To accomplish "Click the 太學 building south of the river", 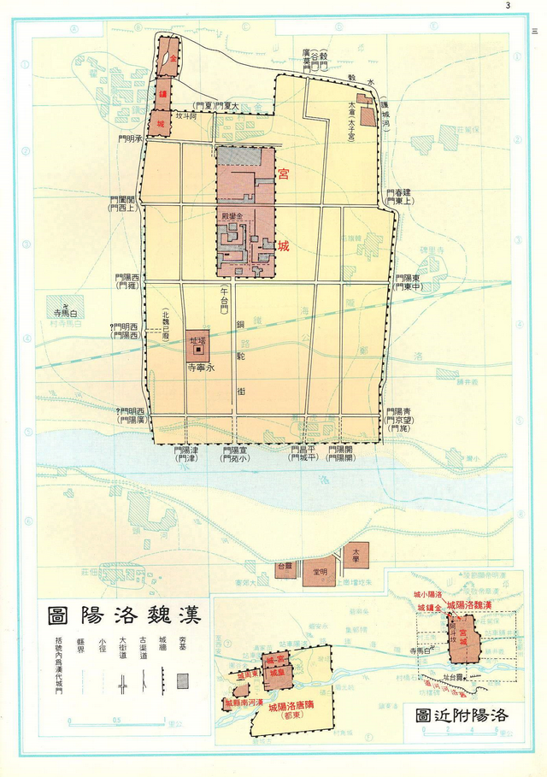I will coord(356,554).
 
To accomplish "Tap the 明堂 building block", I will coord(319,570).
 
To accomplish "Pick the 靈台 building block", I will coord(284,567).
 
